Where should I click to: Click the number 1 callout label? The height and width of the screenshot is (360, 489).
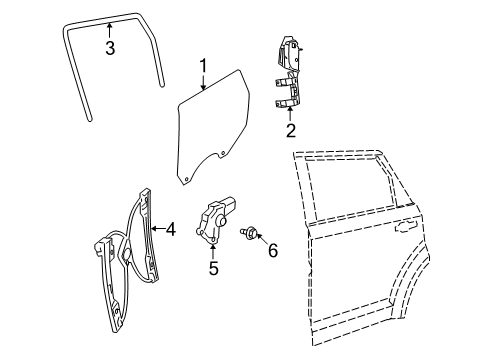[203, 66]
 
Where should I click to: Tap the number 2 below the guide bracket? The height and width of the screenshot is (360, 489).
[291, 130]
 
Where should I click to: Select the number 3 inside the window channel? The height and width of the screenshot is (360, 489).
[110, 47]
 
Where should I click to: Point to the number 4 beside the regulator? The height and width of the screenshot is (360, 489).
[171, 229]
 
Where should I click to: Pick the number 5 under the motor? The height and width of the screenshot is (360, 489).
[213, 267]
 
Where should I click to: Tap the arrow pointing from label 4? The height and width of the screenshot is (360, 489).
[158, 229]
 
